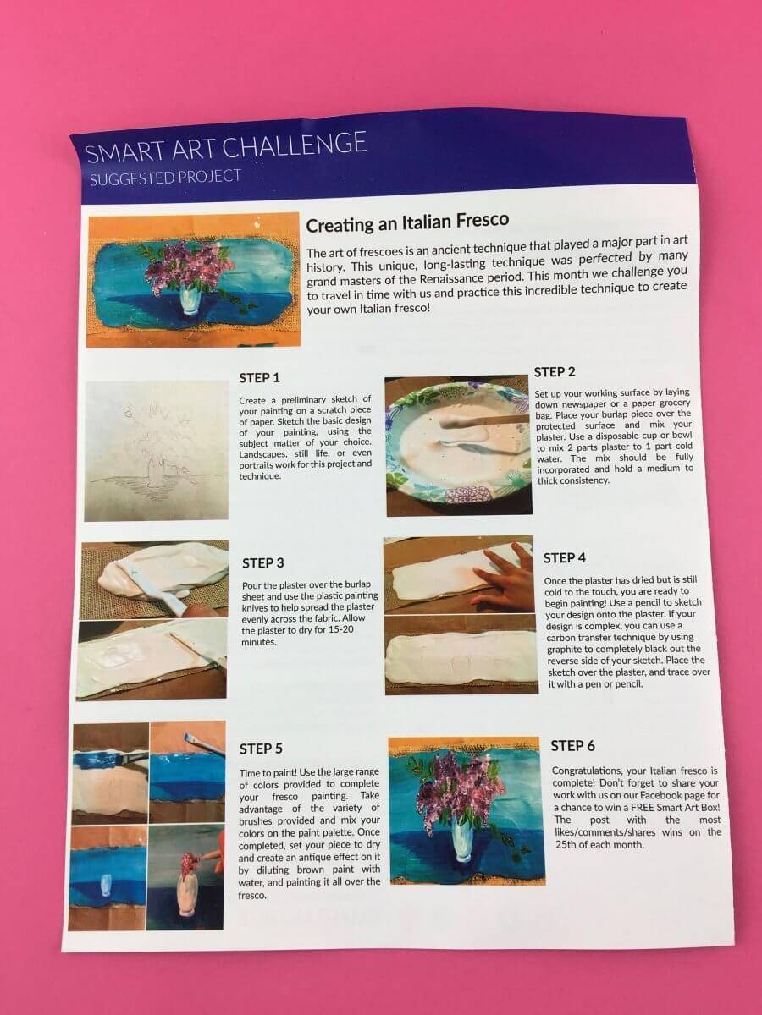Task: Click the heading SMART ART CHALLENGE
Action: point(226,147)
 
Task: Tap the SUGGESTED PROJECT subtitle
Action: point(165,178)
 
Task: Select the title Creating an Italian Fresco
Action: point(407,222)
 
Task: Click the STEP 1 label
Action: point(260,378)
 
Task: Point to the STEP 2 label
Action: point(555,372)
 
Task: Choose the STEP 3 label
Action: point(262,562)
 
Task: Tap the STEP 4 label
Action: point(565,558)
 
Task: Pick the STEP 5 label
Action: point(261,749)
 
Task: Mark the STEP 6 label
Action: point(573,745)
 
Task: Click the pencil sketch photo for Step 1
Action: point(157,451)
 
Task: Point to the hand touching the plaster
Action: point(505,578)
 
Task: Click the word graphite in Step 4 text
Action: point(566,650)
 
